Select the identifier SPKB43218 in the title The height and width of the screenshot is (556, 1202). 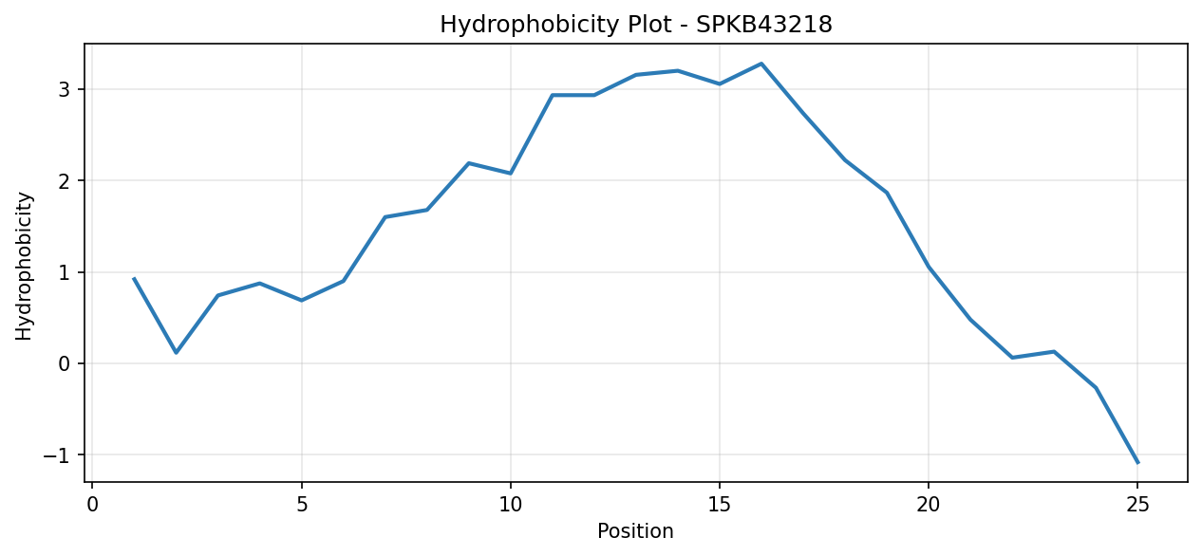pos(764,25)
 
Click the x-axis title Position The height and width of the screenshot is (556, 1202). pos(635,531)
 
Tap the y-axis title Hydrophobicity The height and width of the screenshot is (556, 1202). pos(24,266)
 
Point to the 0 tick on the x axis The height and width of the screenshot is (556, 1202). pos(92,505)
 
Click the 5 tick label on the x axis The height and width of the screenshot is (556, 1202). pos(302,505)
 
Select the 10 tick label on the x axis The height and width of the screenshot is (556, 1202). pos(510,505)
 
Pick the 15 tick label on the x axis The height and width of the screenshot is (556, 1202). pos(720,505)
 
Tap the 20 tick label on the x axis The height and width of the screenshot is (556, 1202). pos(929,505)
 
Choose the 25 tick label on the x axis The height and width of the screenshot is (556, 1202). pos(1137,505)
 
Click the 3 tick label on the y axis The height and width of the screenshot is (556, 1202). pos(65,89)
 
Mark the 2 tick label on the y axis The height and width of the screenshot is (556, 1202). pos(65,181)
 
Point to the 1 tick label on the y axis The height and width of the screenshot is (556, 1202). pos(65,273)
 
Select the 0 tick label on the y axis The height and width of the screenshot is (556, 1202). pos(65,364)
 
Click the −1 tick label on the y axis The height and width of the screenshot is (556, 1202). pos(57,455)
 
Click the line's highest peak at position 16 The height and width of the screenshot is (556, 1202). pos(761,64)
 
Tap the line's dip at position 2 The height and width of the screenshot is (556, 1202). pos(176,353)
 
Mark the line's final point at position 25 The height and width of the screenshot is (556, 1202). pos(1137,463)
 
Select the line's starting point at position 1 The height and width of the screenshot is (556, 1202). pos(134,278)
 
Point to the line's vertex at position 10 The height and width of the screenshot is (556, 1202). pos(510,174)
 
